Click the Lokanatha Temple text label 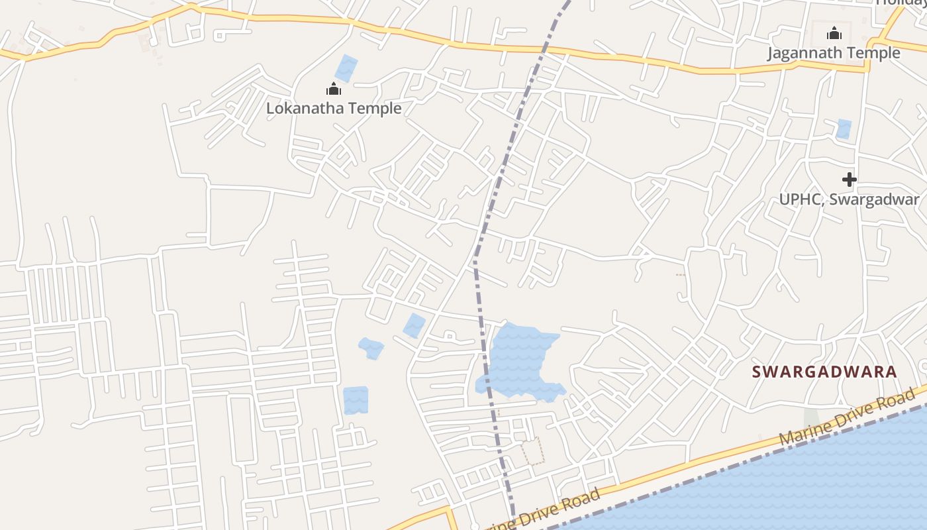click(334, 107)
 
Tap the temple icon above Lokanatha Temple click(333, 89)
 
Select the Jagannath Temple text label click(834, 52)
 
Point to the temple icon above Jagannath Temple click(834, 32)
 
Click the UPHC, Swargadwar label click(849, 199)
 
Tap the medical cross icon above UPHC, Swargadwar click(849, 179)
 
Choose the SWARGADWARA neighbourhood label click(824, 372)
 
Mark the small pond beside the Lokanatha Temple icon click(346, 69)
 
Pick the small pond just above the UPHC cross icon click(844, 129)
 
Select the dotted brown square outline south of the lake click(532, 450)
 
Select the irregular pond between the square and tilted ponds click(371, 348)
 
